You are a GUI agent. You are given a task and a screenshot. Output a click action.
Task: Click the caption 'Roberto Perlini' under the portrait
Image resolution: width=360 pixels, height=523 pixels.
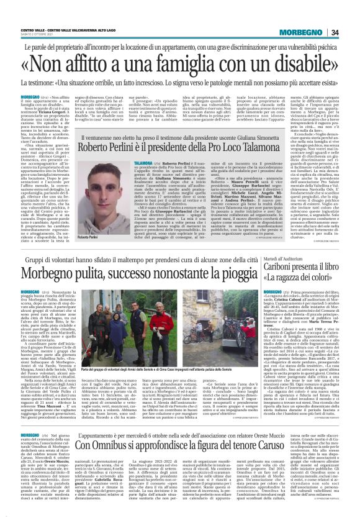87,237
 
